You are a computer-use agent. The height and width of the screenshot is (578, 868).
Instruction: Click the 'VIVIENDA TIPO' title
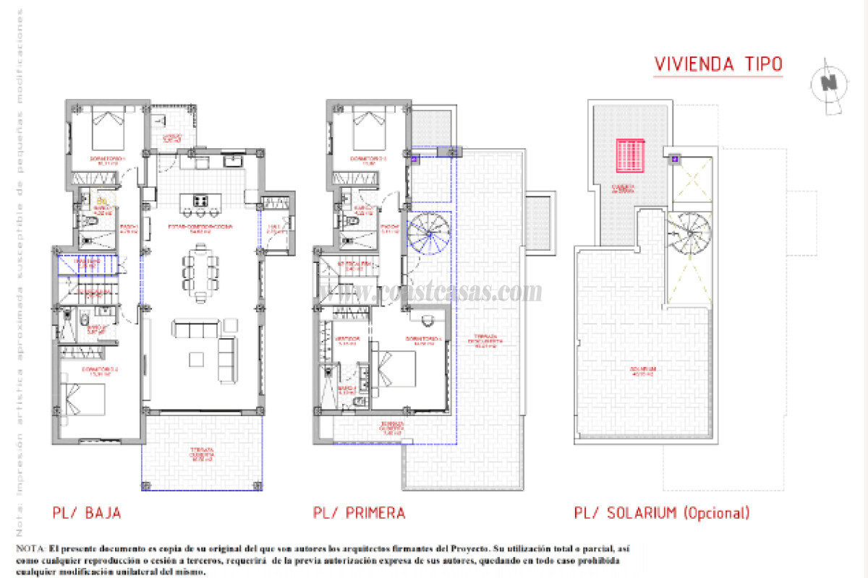pyautogui.click(x=718, y=64)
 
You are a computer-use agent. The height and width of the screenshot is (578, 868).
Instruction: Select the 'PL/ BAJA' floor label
pyautogui.click(x=86, y=513)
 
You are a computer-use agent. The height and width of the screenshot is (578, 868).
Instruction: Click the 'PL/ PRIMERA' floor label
pyautogui.click(x=359, y=513)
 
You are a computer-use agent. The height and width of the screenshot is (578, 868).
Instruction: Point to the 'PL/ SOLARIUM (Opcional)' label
pyautogui.click(x=661, y=513)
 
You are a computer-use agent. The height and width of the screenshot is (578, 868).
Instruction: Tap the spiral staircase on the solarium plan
pyautogui.click(x=689, y=233)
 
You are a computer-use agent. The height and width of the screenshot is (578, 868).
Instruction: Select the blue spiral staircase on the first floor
pyautogui.click(x=428, y=234)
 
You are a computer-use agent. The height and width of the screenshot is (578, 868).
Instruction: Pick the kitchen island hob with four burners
pyautogui.click(x=200, y=200)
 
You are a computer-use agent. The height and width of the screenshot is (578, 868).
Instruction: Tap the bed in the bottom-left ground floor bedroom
pyautogui.click(x=85, y=399)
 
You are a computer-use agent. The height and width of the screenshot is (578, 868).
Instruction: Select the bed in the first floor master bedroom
pyautogui.click(x=394, y=368)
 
